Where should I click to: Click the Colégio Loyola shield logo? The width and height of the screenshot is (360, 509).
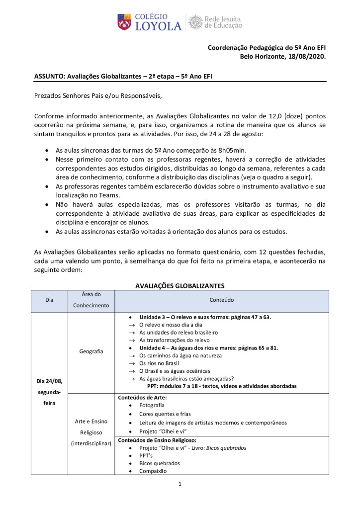click(x=125, y=22)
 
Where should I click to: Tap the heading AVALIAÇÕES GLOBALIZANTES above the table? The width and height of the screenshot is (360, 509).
click(x=180, y=285)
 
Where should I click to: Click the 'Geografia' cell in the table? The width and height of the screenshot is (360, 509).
click(x=91, y=351)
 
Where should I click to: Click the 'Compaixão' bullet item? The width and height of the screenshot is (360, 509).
click(x=153, y=471)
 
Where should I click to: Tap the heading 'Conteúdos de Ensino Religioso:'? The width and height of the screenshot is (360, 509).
click(x=157, y=440)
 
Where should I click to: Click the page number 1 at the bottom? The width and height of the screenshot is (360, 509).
click(x=180, y=485)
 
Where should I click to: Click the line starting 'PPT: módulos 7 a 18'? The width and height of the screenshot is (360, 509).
click(x=222, y=386)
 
